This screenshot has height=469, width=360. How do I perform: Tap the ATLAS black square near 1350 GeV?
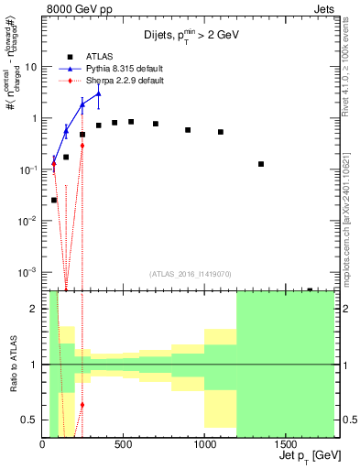[x=261, y=164]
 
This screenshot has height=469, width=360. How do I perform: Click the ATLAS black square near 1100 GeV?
[x=221, y=132]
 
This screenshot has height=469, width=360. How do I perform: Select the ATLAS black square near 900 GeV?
[x=188, y=130]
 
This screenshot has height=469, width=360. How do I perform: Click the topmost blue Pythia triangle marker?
[x=98, y=93]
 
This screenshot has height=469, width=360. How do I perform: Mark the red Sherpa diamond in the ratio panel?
[x=82, y=404]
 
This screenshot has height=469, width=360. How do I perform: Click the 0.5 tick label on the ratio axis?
[x=29, y=420]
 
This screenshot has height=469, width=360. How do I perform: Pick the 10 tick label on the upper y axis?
[x=30, y=67]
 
